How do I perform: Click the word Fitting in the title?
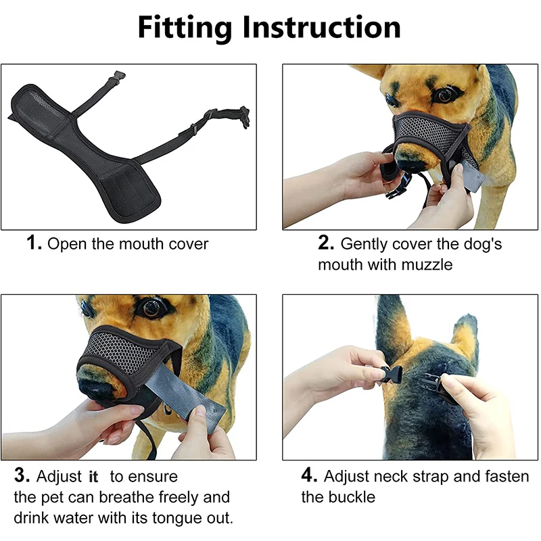(x=185, y=27)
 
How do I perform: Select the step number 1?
(x=34, y=243)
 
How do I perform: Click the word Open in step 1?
(x=68, y=243)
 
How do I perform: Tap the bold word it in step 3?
(x=93, y=477)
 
